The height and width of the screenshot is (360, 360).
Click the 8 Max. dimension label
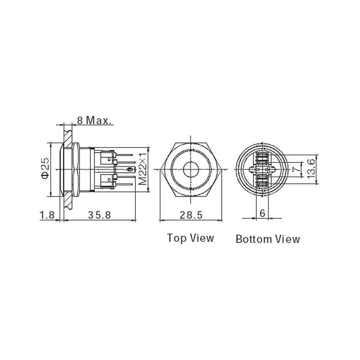tap(93, 120)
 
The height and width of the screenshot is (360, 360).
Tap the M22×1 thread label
tap(143, 169)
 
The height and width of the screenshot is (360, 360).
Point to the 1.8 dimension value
tap(47, 215)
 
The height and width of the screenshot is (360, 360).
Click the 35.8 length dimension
tap(99, 215)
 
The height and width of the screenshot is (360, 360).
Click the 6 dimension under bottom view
tap(262, 213)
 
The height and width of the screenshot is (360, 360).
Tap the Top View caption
tap(190, 238)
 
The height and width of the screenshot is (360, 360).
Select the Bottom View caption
tap(267, 239)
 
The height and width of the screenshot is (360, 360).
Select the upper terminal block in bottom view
tap(262, 157)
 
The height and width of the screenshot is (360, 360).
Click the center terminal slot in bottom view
tap(262, 169)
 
